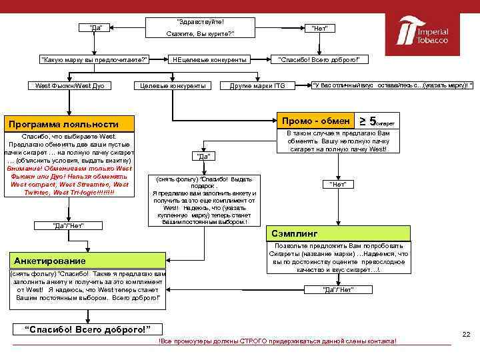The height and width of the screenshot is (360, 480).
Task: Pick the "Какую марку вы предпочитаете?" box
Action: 94,60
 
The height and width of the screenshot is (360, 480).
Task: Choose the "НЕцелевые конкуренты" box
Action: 210,60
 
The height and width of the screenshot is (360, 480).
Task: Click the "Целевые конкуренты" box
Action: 173,85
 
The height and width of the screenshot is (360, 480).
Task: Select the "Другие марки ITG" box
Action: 257,85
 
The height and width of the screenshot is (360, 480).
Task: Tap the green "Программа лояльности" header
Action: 71,124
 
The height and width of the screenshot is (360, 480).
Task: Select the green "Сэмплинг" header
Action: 340,234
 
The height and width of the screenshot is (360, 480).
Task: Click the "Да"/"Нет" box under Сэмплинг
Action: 338,289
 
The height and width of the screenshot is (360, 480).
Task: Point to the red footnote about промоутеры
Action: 276,341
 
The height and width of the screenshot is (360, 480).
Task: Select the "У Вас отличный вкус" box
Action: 393,85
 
